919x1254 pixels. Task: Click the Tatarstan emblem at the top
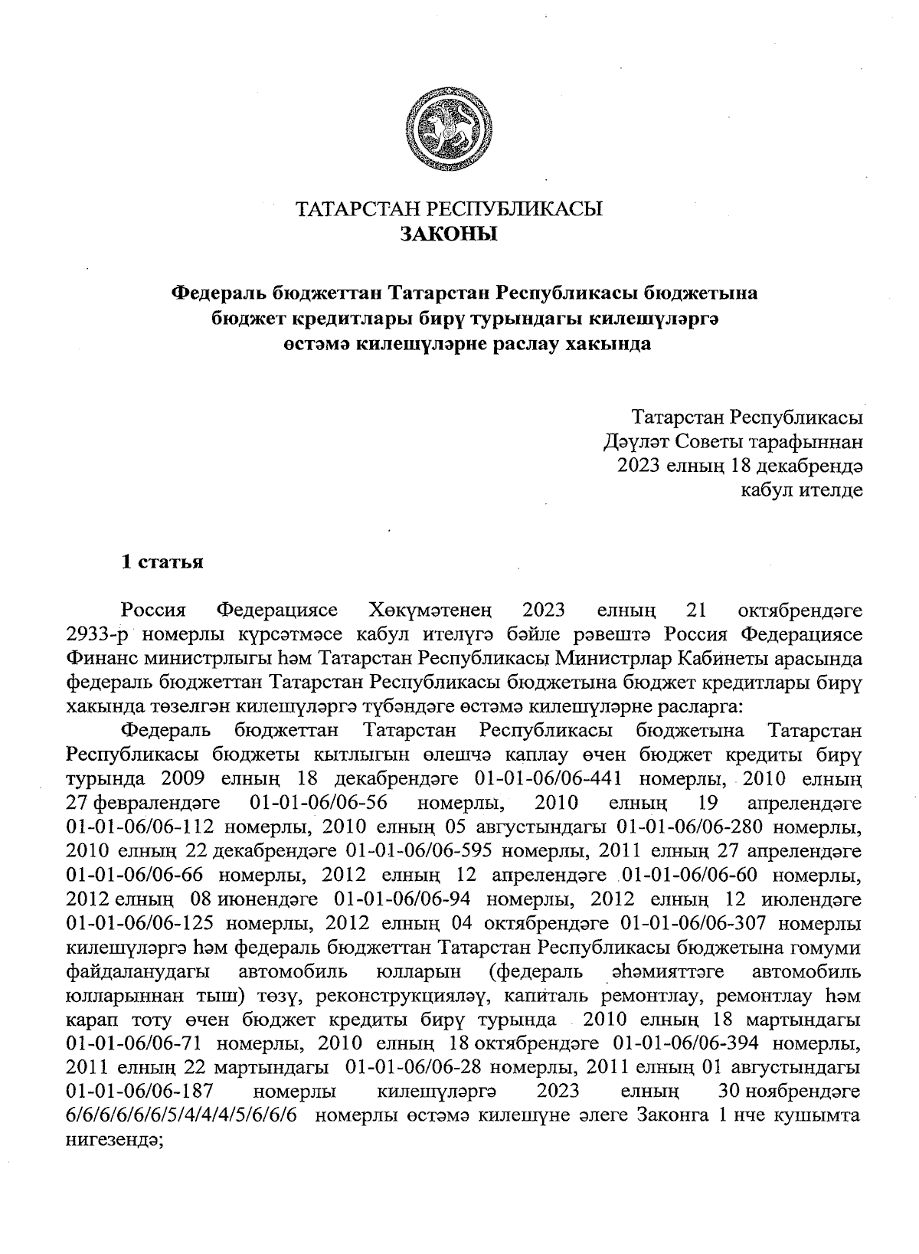click(x=449, y=128)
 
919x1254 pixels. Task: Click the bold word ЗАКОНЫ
click(x=450, y=234)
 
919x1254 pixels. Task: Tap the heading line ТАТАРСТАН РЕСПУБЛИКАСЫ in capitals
click(x=450, y=209)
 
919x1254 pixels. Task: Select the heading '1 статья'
click(x=162, y=562)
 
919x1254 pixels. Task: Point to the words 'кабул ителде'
click(x=801, y=489)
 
